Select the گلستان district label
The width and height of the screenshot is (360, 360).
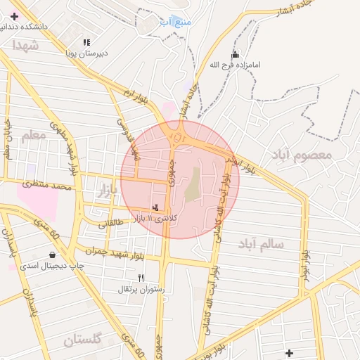pyautogui.click(x=83, y=340)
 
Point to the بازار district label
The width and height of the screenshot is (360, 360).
pyautogui.click(x=103, y=188)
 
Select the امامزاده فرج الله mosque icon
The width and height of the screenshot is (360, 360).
pyautogui.click(x=235, y=53)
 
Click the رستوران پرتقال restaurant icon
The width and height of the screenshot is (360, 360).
pyautogui.click(x=141, y=278)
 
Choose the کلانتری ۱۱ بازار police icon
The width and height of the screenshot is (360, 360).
pyautogui.click(x=155, y=207)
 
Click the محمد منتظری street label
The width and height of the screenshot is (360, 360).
pyautogui.click(x=46, y=186)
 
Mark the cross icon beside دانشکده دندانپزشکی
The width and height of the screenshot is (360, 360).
pyautogui.click(x=14, y=15)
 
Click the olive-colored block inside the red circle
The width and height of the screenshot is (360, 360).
pyautogui.click(x=192, y=184)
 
